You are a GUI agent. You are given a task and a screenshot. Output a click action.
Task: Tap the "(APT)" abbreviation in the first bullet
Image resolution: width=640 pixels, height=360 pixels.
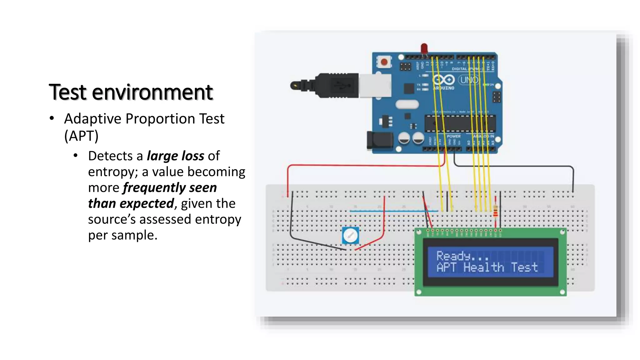(81, 136)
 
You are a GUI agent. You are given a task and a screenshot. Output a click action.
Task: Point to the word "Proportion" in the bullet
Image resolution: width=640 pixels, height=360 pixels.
(161, 119)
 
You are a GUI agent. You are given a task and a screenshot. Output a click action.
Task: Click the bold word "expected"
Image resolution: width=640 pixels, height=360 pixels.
(147, 203)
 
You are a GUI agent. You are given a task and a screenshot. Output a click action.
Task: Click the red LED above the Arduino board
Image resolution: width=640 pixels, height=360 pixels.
(424, 48)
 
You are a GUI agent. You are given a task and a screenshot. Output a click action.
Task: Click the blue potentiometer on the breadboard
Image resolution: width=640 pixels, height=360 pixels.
(350, 235)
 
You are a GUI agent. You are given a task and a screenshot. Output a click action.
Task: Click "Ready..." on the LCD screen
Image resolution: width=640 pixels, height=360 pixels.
(462, 256)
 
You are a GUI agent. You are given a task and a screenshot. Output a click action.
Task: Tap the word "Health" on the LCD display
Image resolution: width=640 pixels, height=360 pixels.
(483, 267)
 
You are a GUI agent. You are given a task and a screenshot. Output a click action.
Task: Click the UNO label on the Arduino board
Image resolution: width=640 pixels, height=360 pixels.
(469, 80)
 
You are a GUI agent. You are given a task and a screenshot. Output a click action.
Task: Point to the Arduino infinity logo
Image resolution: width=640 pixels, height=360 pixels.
(443, 80)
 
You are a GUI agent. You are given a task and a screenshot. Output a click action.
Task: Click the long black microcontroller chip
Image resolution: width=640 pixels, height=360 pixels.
(460, 123)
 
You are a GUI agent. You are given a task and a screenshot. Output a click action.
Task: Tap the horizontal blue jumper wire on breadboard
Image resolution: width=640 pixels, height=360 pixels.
(394, 211)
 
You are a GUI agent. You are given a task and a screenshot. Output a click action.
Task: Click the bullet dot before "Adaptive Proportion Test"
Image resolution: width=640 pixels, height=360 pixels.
(52, 118)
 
